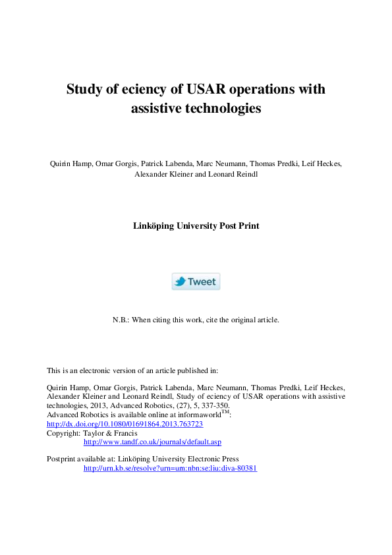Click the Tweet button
(196, 281)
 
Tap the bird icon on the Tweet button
(180, 281)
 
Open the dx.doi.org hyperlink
(125, 424)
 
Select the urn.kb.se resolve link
(170, 468)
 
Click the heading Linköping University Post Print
(196, 225)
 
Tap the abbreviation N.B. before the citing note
(121, 320)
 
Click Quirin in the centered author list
(61, 164)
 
